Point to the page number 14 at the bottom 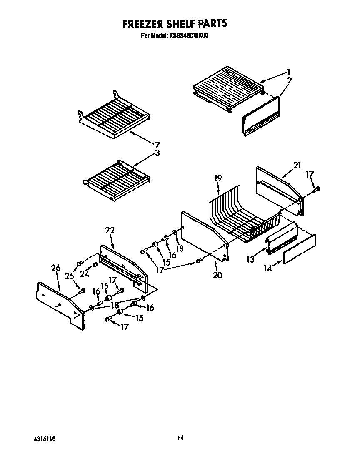[x=180, y=438]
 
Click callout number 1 [x=288, y=71]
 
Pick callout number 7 [x=157, y=145]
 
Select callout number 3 [x=157, y=153]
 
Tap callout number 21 [x=297, y=166]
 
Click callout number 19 [x=218, y=178]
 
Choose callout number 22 [x=110, y=230]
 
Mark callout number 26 [x=56, y=268]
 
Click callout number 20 [x=217, y=275]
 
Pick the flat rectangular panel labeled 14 [x=299, y=249]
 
